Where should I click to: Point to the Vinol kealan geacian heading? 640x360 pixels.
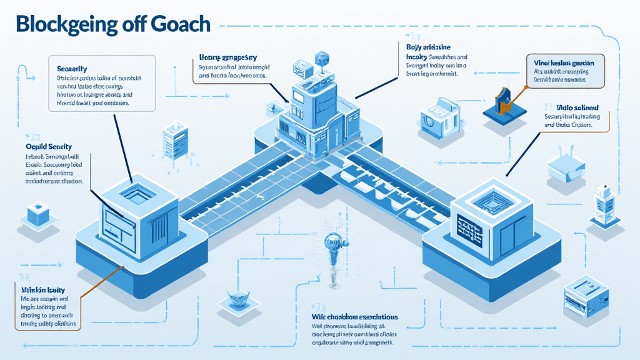pyautogui.click(x=569, y=63)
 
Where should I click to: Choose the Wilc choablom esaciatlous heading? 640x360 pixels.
pyautogui.click(x=354, y=317)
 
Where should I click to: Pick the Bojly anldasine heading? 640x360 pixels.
pyautogui.click(x=424, y=47)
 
